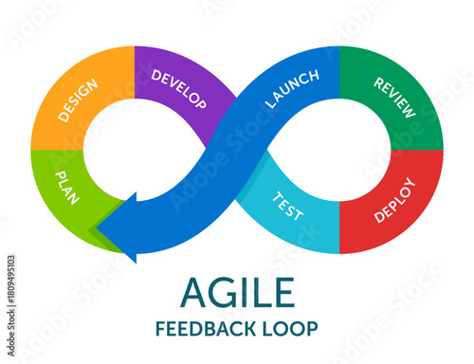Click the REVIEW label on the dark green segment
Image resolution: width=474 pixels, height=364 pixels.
394,98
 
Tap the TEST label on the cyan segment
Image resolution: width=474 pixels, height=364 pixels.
288,206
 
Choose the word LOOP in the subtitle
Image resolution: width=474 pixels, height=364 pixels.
293,329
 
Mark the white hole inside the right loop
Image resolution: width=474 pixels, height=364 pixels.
341,151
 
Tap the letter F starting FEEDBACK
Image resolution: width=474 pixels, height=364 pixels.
161,329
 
